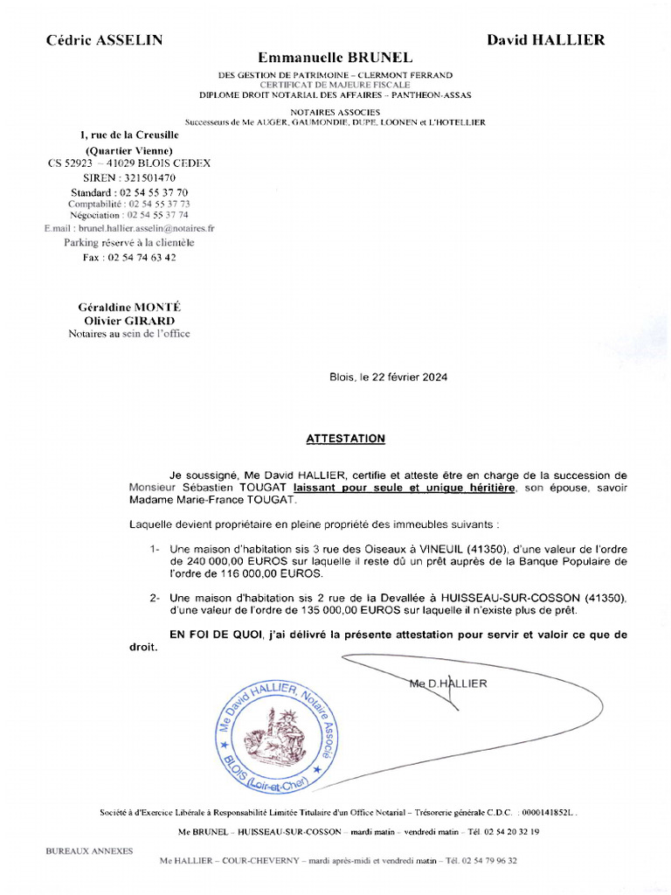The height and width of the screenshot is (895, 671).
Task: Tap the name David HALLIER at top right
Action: [x=545, y=40]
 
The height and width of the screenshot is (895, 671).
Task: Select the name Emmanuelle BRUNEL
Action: [x=335, y=57]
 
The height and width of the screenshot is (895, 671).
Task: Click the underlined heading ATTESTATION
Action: [x=345, y=439]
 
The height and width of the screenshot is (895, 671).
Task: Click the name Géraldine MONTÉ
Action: [x=129, y=308]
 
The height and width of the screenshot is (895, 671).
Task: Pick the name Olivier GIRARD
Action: [x=129, y=320]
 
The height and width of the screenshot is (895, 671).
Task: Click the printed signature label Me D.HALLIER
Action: [x=447, y=683]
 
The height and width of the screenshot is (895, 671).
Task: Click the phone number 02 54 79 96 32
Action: [x=492, y=861]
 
